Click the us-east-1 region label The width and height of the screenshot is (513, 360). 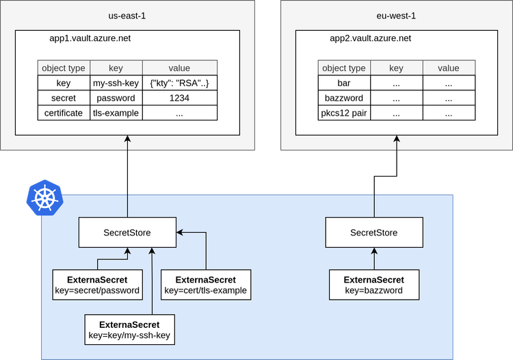(127, 15)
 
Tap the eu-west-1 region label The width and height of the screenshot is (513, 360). (396, 15)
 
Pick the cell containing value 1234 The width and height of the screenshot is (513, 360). (179, 98)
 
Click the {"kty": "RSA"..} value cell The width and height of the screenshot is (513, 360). (179, 83)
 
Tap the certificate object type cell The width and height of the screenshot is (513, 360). (64, 113)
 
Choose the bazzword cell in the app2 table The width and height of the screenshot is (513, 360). (344, 98)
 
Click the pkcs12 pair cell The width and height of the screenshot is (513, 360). (344, 113)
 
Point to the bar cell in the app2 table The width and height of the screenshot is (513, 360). (344, 83)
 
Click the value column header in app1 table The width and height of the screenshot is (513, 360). (179, 68)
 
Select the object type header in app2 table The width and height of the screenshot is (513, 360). (344, 68)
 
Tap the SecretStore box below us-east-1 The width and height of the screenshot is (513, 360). (127, 233)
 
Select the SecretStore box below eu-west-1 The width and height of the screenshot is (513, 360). (373, 233)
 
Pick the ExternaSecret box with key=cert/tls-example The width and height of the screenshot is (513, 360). (205, 285)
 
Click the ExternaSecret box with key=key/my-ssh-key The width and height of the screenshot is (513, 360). (129, 330)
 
